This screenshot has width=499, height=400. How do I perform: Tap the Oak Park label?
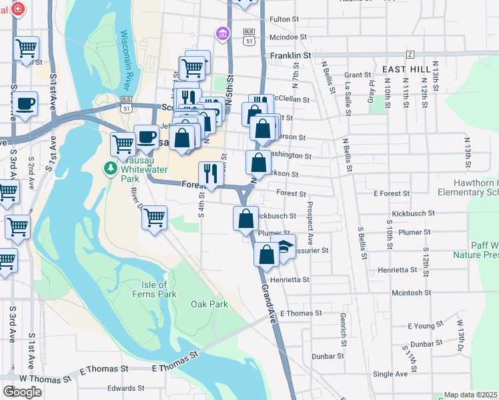point(209,305)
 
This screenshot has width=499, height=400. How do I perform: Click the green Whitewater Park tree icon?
point(110,167)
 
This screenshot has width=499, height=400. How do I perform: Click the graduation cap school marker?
point(284,247)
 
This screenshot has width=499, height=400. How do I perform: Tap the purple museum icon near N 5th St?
point(222,33)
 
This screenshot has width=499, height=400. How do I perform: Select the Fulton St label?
point(284,19)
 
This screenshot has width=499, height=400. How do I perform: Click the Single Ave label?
point(390,374)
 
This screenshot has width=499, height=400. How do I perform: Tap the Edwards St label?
point(125,388)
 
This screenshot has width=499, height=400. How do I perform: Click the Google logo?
point(22,391)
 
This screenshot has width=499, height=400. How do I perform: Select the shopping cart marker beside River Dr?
point(155,217)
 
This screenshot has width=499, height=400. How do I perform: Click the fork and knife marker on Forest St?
point(211,173)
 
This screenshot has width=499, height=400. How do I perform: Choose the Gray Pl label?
point(371,88)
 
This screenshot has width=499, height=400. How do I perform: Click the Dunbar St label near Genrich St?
point(327,356)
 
